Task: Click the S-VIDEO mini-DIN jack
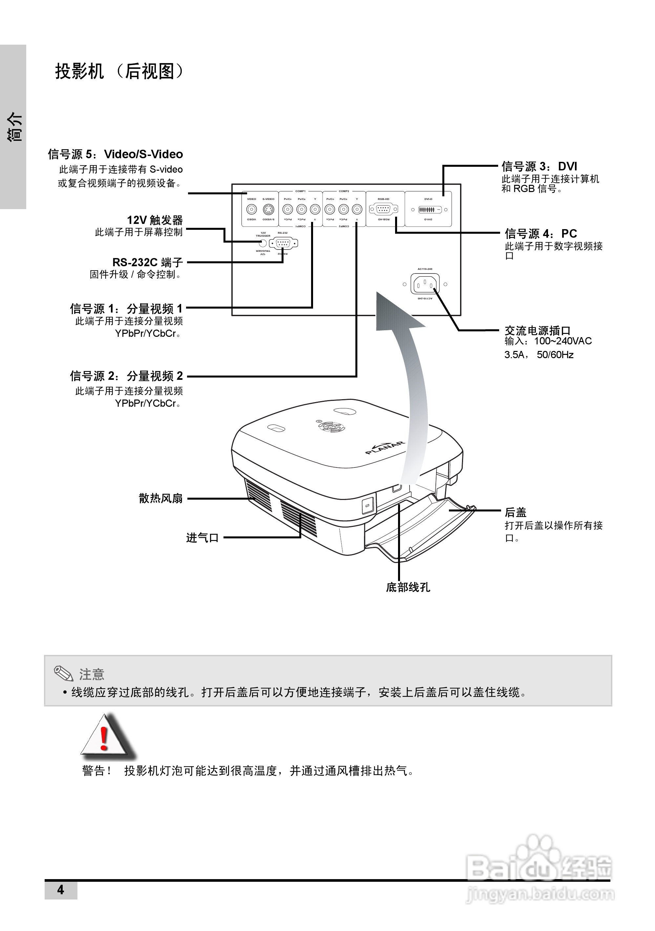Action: pyautogui.click(x=268, y=210)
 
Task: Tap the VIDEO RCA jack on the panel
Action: pyautogui.click(x=252, y=210)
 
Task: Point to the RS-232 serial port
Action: pyautogui.click(x=283, y=243)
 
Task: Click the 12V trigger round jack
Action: pyautogui.click(x=263, y=243)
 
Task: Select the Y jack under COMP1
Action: pyautogui.click(x=315, y=210)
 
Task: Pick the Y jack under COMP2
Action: pyautogui.click(x=357, y=210)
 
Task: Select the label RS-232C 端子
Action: pyautogui.click(x=148, y=262)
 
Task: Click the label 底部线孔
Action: pyautogui.click(x=408, y=588)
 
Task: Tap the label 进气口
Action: pyautogui.click(x=202, y=538)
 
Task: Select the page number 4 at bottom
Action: pyautogui.click(x=60, y=890)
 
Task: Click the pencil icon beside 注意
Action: pyautogui.click(x=64, y=674)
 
